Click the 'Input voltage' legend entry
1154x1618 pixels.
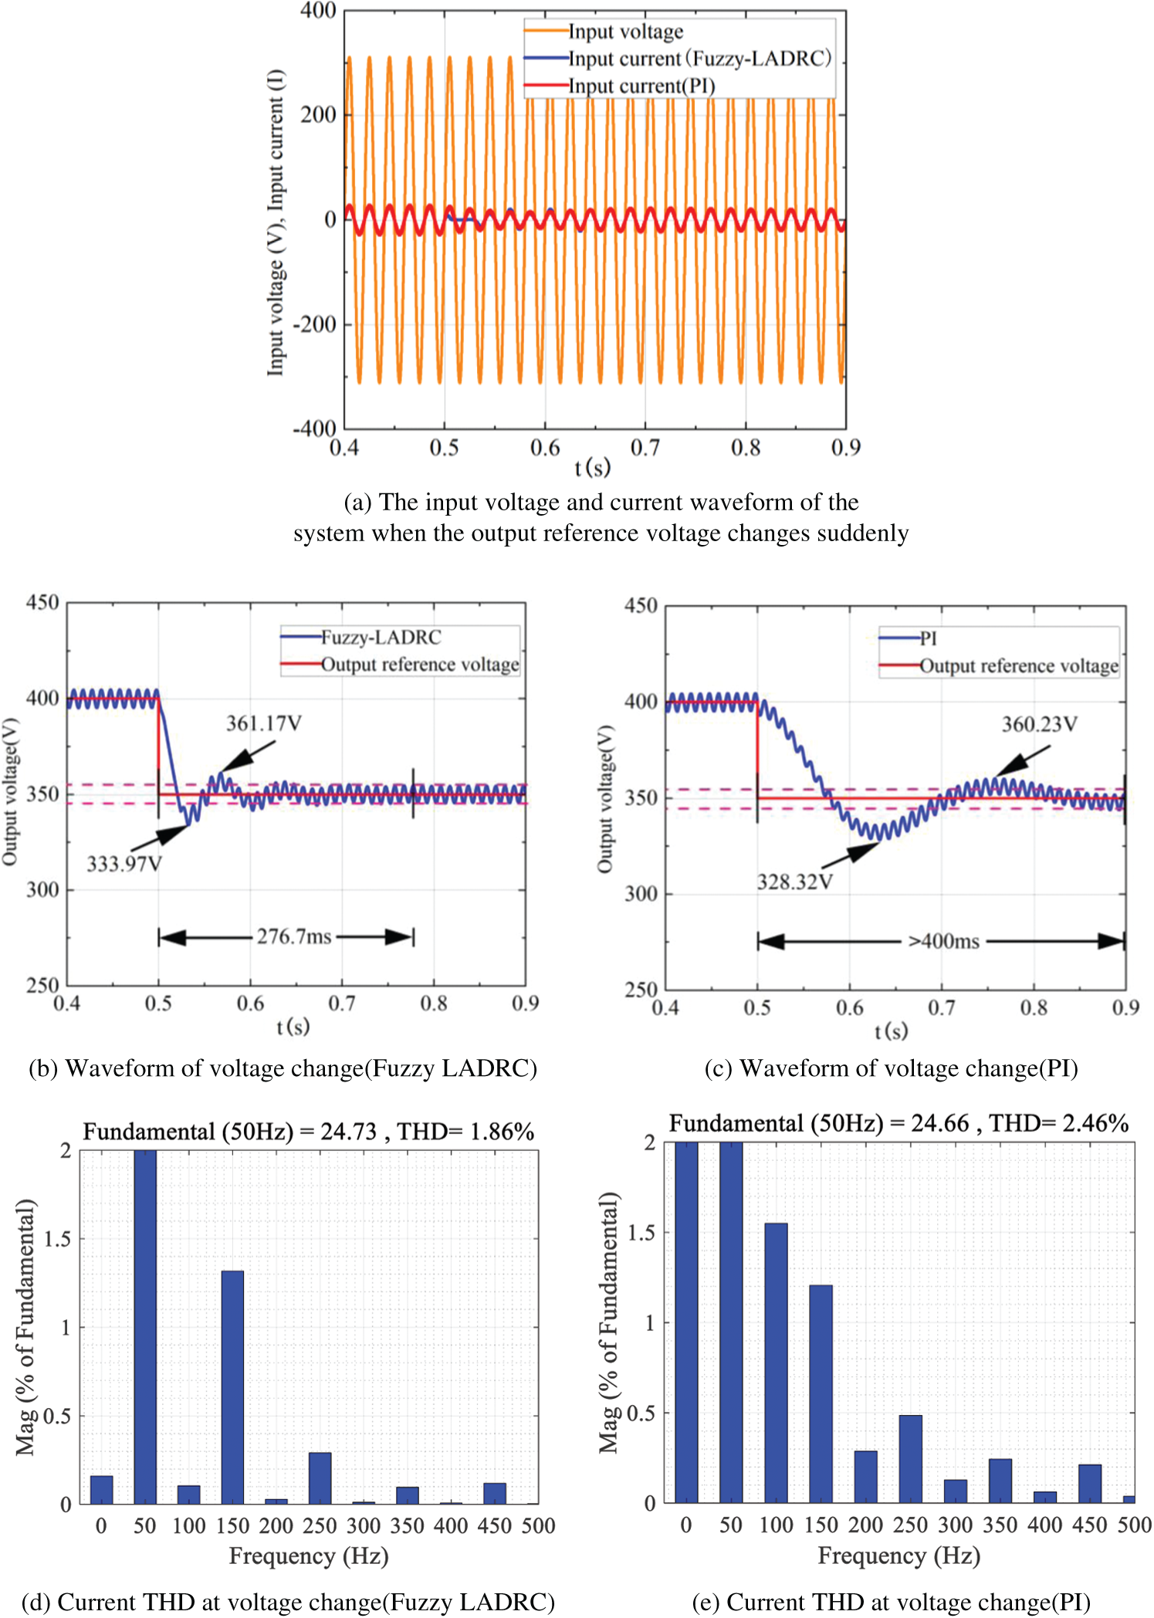[x=625, y=32]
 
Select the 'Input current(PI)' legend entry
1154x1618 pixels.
[x=641, y=86]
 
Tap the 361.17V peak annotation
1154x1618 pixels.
[x=263, y=723]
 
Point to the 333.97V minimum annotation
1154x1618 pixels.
[x=124, y=863]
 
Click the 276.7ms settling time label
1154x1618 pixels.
[x=294, y=936]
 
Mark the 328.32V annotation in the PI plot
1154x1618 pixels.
[x=794, y=882]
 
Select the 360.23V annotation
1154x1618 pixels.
[x=1039, y=724]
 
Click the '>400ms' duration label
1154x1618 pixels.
[x=943, y=941]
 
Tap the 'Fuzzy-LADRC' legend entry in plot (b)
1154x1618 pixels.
[x=381, y=637]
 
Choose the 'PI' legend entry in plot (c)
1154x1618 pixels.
[x=928, y=638]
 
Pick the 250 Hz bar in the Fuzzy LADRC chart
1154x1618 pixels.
[x=320, y=1478]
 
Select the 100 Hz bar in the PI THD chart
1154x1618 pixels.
[x=776, y=1362]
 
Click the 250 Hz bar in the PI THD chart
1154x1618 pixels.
[x=910, y=1458]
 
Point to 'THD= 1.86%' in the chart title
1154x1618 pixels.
[x=465, y=1132]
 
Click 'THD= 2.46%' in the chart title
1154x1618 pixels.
[x=1059, y=1123]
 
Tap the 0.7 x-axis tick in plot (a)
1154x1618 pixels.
[x=645, y=448]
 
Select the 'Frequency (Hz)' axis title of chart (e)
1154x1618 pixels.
[x=898, y=1555]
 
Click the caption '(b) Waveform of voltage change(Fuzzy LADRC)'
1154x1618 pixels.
[x=283, y=1068]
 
